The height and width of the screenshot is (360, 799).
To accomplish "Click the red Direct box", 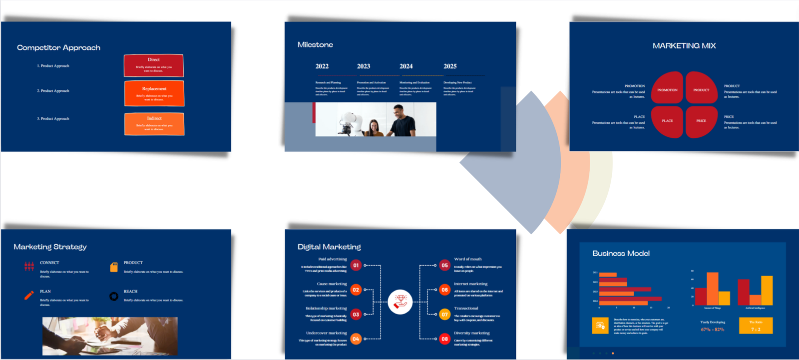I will coord(153,65).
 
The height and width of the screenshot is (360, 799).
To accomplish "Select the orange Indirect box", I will coord(154,124).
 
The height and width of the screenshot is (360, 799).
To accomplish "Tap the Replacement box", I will coord(154,93).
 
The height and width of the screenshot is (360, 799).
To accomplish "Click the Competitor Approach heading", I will coord(58,47).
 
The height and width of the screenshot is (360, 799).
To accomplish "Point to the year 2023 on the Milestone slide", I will coord(364,66).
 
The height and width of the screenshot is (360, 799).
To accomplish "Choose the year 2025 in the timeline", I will coord(450,66).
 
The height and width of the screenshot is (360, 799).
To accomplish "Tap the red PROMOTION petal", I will coord(667,89).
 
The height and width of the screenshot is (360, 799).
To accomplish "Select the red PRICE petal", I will coord(701,121).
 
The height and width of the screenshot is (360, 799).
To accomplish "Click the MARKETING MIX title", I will coord(684,46).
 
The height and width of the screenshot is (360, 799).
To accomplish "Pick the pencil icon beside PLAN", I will coord(29,295).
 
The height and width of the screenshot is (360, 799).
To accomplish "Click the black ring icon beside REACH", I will coord(114,296).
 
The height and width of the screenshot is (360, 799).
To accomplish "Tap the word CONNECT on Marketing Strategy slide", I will coord(49,263).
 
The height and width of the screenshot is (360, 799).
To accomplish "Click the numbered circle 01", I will coord(356,266).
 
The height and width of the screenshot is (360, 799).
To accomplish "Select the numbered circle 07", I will coord(444,315).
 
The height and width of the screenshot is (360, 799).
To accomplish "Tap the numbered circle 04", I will coord(356,339).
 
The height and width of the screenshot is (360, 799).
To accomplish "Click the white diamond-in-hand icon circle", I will coord(400,302).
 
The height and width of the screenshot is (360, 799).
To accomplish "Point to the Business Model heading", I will coord(621,254).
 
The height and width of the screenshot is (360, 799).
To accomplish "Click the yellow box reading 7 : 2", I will coord(756,326).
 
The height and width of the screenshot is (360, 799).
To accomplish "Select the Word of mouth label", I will coord(468,259).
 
